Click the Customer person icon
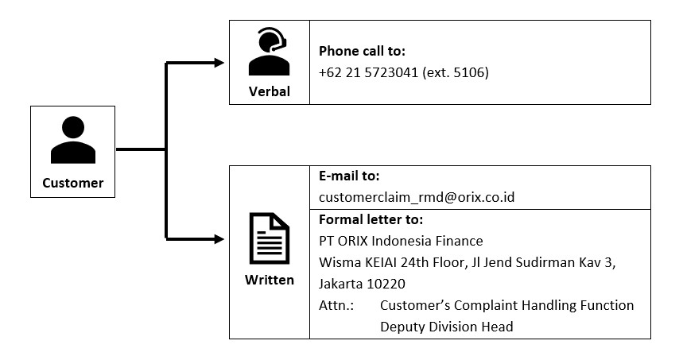click(73, 140)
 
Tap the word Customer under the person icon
click(72, 183)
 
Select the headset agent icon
click(269, 52)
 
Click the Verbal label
click(270, 91)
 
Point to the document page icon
click(270, 238)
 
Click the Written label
click(270, 280)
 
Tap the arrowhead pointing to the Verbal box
click(219, 63)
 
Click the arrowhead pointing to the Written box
click(219, 238)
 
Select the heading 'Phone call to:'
click(362, 51)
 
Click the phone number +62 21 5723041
click(368, 72)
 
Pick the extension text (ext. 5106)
click(456, 72)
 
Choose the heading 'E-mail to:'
click(349, 176)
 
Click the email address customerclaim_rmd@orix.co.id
click(417, 197)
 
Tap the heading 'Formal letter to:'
click(371, 219)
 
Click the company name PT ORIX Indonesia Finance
click(401, 241)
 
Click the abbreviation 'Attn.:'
click(336, 306)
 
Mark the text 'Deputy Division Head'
click(447, 327)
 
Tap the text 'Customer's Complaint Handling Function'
click(507, 306)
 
